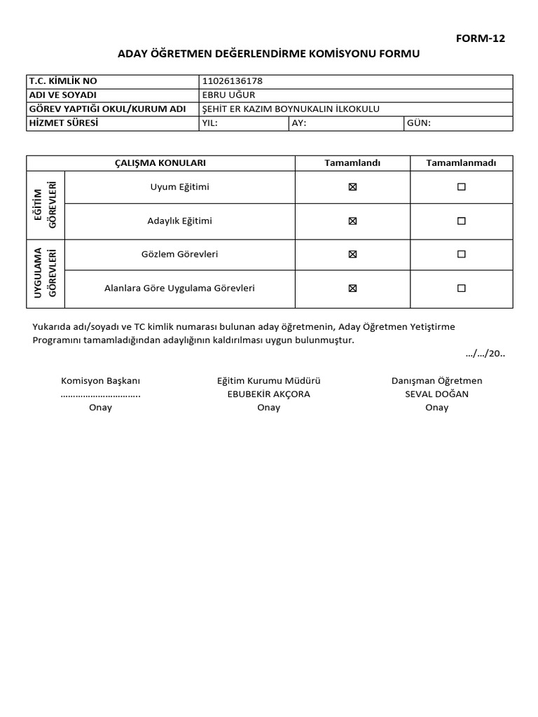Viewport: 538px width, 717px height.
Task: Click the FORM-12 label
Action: click(480, 39)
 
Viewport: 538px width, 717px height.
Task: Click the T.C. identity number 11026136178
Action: click(232, 81)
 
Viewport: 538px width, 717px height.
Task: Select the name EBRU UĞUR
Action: click(228, 95)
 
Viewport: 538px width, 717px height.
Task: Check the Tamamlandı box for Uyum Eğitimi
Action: click(352, 187)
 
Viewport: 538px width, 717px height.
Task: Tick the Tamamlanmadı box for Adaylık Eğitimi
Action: click(461, 221)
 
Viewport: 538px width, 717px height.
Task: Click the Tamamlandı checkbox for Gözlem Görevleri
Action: click(352, 254)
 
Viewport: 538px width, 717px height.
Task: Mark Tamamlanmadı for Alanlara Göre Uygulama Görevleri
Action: click(461, 288)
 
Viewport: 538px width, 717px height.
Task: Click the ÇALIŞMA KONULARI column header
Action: click(160, 163)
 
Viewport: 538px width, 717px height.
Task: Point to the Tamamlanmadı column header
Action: click(461, 163)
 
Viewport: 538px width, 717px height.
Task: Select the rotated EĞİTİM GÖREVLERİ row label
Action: click(46, 204)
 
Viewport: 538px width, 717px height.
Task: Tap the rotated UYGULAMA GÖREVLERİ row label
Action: click(46, 273)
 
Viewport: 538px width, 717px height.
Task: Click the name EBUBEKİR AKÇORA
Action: click(268, 394)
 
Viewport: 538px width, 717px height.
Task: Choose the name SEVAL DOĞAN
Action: click(436, 394)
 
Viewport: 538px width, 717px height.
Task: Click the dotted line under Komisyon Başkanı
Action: click(100, 394)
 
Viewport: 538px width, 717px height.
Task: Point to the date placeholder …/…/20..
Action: click(485, 354)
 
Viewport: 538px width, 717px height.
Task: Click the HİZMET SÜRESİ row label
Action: click(63, 123)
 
